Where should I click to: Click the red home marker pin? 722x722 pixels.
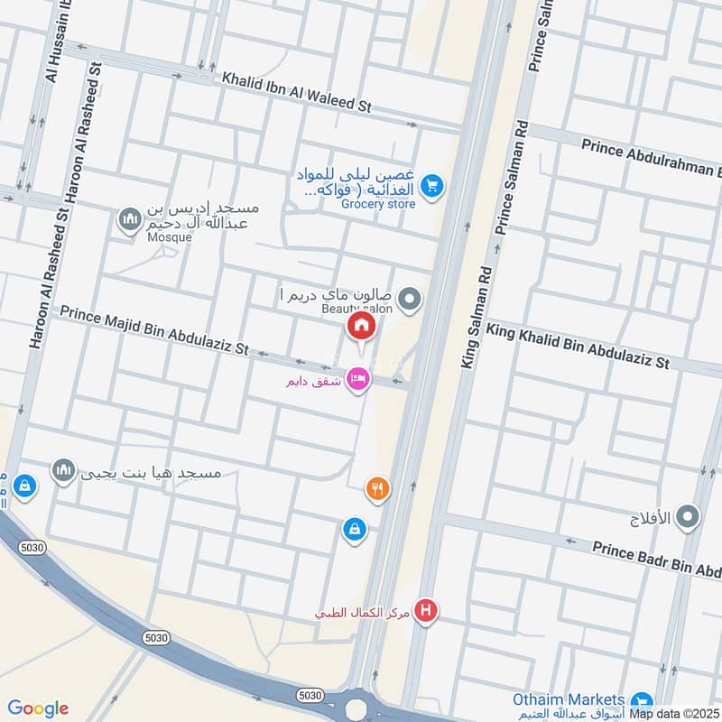coord(361,326)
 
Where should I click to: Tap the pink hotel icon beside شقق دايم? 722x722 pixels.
coord(358,380)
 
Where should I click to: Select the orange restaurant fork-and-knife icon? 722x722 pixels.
coord(377,489)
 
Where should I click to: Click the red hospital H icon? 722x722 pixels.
coord(425,611)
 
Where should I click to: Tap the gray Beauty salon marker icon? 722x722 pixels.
coord(410,299)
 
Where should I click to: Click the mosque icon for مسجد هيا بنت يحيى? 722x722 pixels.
coord(62,469)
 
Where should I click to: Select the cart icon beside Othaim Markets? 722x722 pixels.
coord(642,701)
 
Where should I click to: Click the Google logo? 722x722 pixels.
coord(38,708)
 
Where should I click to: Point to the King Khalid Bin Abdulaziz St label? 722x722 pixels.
coord(578,346)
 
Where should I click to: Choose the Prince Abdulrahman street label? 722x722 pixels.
coord(651,157)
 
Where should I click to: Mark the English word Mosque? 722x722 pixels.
coord(170,237)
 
